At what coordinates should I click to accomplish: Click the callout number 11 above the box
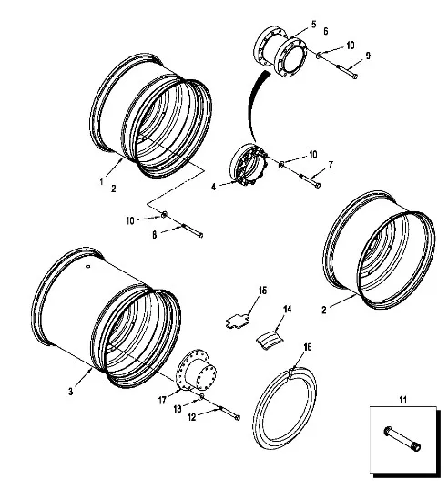[402, 399]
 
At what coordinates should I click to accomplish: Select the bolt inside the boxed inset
[402, 439]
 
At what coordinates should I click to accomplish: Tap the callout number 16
[308, 347]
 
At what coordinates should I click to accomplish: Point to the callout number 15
[263, 291]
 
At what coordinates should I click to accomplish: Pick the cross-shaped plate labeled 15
[238, 322]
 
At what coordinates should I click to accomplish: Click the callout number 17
[162, 401]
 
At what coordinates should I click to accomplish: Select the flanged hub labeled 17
[196, 371]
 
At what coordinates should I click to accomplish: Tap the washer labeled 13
[201, 397]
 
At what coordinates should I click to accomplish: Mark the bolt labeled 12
[229, 413]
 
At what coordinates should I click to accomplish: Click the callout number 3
[71, 392]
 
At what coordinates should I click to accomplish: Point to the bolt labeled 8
[192, 230]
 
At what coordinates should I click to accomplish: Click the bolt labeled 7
[310, 180]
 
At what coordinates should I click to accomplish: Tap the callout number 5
[313, 25]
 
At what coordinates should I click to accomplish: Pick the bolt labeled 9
[346, 71]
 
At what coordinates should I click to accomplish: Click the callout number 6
[326, 31]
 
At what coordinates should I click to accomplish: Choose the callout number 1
[101, 181]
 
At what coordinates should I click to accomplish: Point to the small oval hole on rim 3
[88, 266]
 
